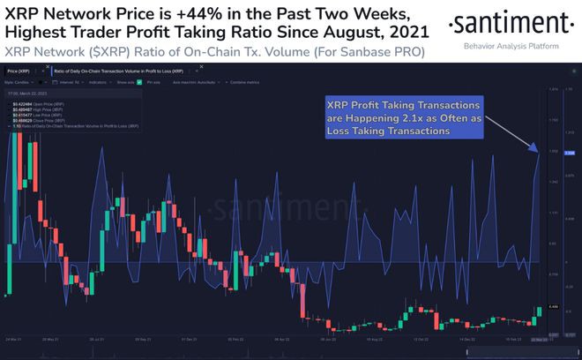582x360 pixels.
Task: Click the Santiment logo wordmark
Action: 509,24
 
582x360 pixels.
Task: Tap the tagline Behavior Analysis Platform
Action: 510,44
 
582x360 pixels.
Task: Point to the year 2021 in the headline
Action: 401,33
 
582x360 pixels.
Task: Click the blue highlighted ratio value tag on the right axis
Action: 569,153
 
